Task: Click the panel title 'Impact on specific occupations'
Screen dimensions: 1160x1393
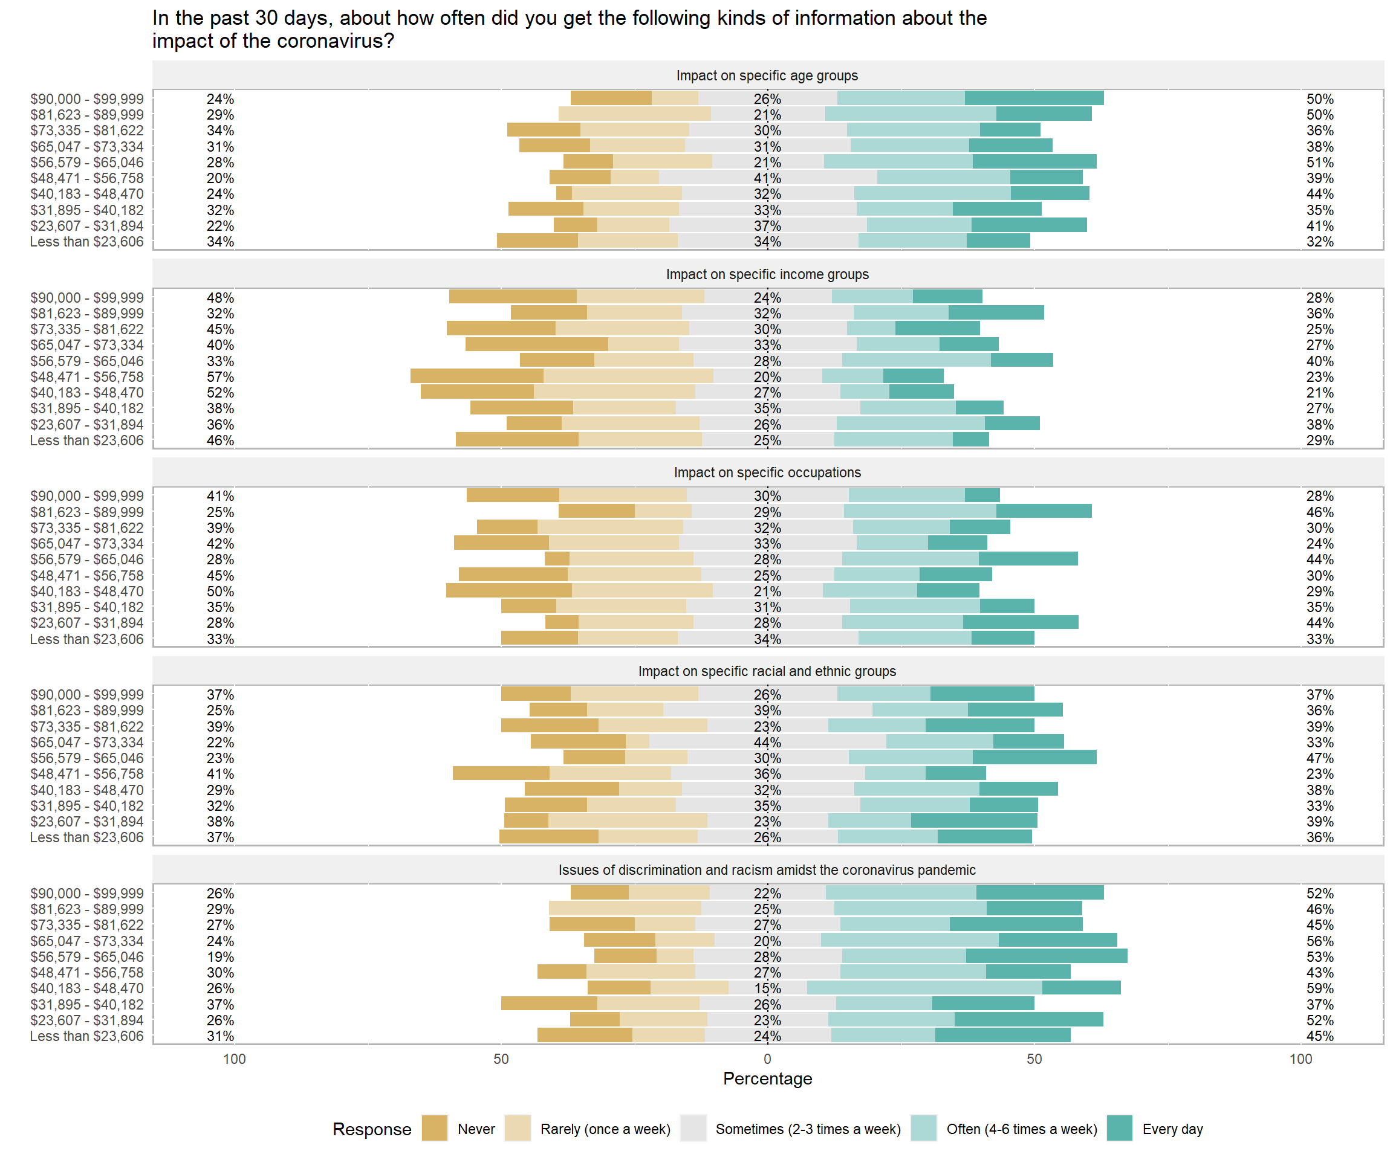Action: pyautogui.click(x=767, y=472)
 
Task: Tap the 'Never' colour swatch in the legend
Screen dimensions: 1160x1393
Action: pyautogui.click(x=435, y=1128)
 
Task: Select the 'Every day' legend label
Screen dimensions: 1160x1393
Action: pyautogui.click(x=1172, y=1129)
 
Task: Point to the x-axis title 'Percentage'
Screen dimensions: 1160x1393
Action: pyautogui.click(x=767, y=1078)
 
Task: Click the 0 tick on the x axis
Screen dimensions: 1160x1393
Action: pyautogui.click(x=767, y=1058)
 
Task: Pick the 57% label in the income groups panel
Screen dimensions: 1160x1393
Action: pyautogui.click(x=219, y=376)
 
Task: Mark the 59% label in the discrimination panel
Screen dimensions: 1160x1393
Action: pyautogui.click(x=1319, y=988)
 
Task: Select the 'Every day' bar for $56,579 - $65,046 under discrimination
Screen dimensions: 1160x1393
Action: pyautogui.click(x=1046, y=956)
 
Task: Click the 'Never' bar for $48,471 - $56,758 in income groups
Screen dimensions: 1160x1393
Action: pyautogui.click(x=477, y=376)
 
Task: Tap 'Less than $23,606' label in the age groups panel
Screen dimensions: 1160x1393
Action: pyautogui.click(x=86, y=242)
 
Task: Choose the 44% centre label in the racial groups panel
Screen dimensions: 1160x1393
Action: pyautogui.click(x=767, y=743)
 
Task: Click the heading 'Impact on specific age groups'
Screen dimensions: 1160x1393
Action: pyautogui.click(x=767, y=76)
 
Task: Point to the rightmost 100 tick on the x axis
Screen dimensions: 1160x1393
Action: pyautogui.click(x=1300, y=1058)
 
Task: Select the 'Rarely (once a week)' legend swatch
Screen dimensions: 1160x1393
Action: pyautogui.click(x=518, y=1128)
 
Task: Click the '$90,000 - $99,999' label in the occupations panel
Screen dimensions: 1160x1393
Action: pyautogui.click(x=86, y=496)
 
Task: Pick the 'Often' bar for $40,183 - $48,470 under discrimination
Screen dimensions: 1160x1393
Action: pyautogui.click(x=924, y=988)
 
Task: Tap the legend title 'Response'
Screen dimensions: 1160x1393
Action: pyautogui.click(x=371, y=1129)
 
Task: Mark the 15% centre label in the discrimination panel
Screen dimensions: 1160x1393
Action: pyautogui.click(x=767, y=988)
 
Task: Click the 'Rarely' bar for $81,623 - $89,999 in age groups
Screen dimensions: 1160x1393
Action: pyautogui.click(x=634, y=114)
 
